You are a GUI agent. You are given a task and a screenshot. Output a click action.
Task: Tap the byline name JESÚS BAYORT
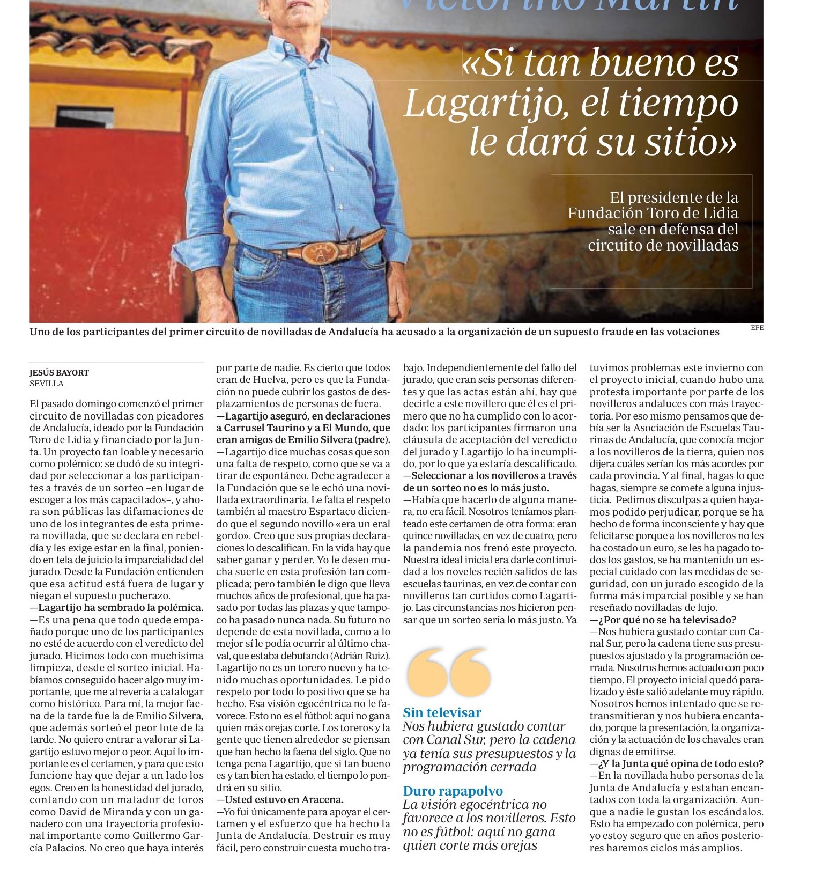tap(59, 372)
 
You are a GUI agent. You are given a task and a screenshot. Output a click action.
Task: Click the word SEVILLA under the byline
tap(47, 384)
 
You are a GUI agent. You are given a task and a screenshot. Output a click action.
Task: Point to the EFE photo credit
tap(757, 328)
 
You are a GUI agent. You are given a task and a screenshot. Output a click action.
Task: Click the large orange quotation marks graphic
tap(449, 673)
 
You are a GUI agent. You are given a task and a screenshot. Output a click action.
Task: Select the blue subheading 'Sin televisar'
tap(442, 712)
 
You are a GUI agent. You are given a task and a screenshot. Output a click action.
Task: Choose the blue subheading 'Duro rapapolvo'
tap(453, 791)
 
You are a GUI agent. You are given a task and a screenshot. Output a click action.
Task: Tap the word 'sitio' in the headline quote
tap(687, 142)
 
